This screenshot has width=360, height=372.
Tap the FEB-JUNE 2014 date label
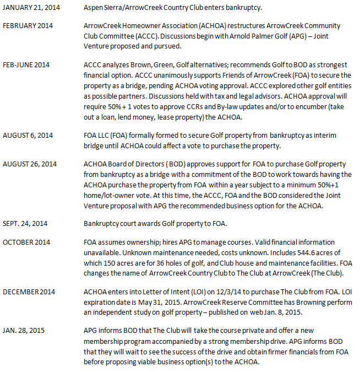click(x=26, y=65)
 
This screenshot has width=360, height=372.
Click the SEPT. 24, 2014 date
click(x=26, y=225)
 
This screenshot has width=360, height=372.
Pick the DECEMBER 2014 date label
click(x=29, y=291)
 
